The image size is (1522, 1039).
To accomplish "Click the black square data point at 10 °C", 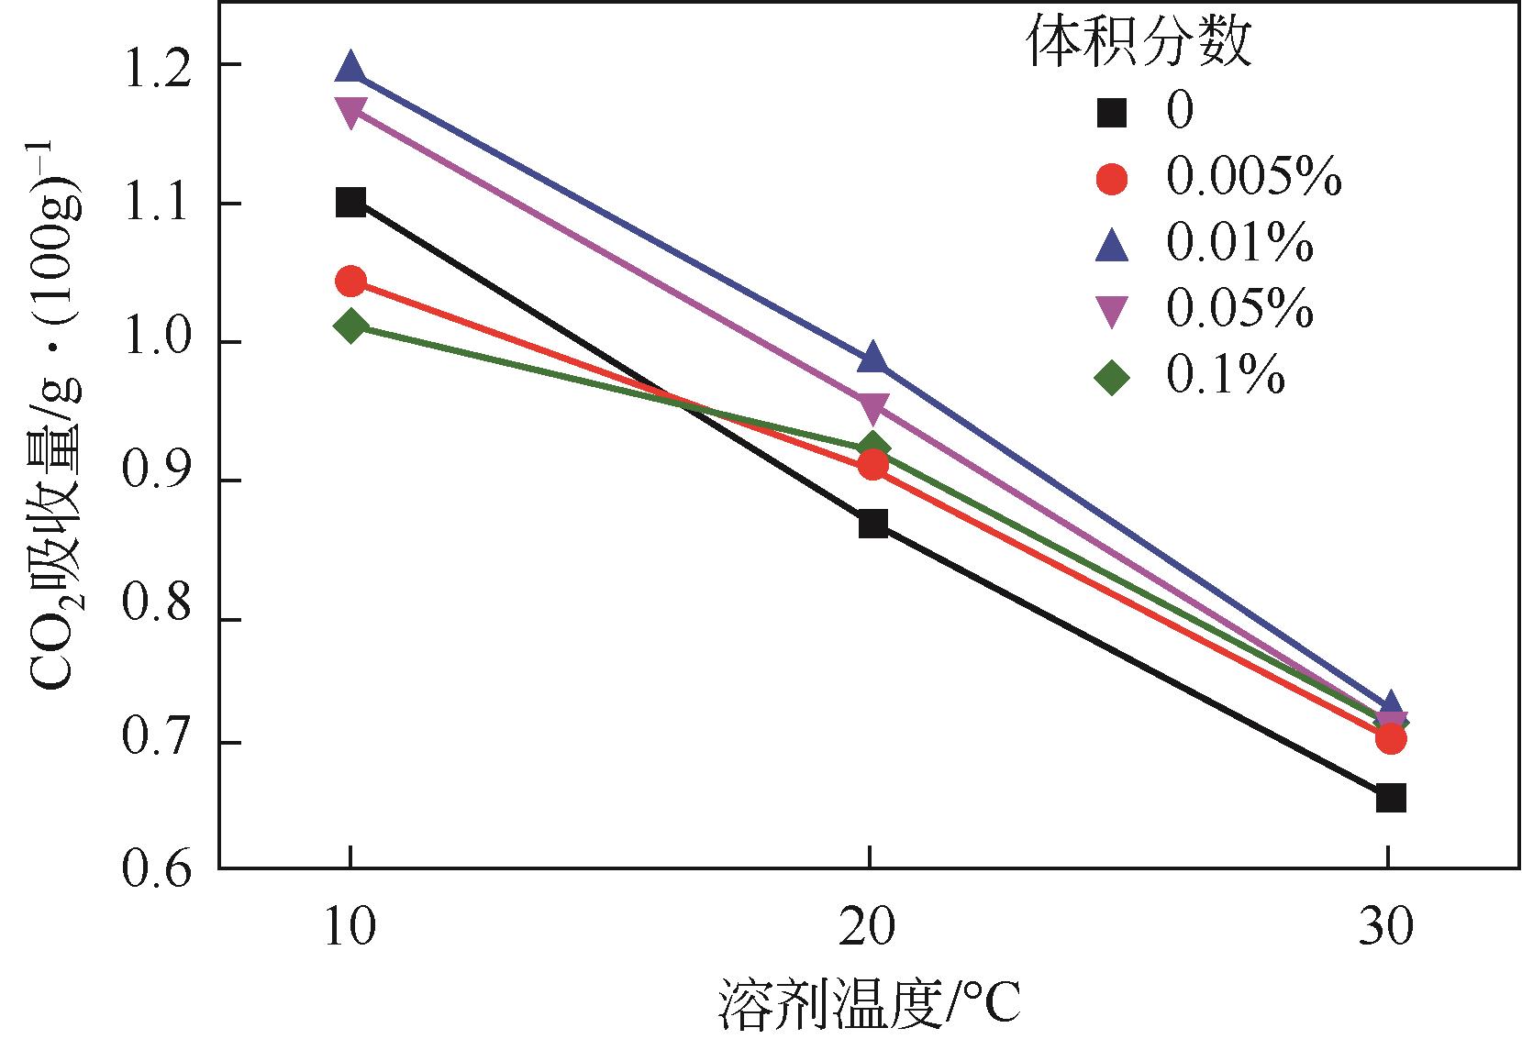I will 350,202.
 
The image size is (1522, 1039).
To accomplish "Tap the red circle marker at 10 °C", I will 350,281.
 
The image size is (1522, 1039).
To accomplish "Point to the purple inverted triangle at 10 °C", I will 350,112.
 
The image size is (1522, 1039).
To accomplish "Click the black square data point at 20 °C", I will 872,525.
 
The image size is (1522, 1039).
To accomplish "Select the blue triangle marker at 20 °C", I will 872,359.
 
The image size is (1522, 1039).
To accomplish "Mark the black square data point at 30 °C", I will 1391,798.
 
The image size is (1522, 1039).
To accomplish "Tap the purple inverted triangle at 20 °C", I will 872,404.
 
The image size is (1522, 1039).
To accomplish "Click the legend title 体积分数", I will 1138,43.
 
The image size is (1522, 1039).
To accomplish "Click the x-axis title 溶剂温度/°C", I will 868,1004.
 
